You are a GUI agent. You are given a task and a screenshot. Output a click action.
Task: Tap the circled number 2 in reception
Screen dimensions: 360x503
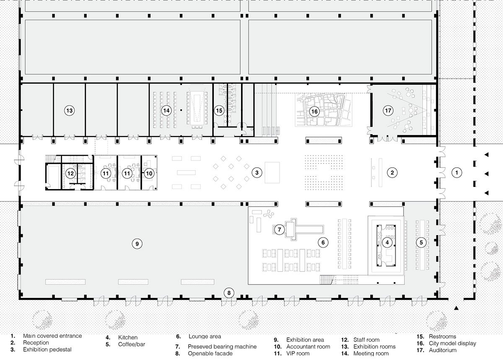pos(392,172)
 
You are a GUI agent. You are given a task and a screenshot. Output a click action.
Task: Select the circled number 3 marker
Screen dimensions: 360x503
pos(257,172)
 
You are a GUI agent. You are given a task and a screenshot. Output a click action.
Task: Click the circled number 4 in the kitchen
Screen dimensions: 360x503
pos(387,242)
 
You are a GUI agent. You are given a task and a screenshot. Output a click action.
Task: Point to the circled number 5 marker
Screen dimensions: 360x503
pos(421,242)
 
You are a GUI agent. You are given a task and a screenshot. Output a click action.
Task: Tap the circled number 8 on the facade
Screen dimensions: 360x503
pos(228,293)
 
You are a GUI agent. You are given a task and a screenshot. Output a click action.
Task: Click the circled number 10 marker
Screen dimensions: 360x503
pos(149,172)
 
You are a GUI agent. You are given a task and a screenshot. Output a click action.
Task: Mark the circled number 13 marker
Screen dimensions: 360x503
pos(69,111)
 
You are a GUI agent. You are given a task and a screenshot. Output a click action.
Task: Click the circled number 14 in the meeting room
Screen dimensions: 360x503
pos(166,111)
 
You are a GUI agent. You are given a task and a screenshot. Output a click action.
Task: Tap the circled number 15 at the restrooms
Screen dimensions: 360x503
pos(219,111)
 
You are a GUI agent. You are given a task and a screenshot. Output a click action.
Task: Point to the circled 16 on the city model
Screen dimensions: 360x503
pos(314,111)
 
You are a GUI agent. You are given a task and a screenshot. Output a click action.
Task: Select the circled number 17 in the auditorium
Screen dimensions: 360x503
pos(388,111)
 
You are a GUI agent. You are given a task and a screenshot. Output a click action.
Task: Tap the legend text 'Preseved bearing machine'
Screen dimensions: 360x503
pos(222,347)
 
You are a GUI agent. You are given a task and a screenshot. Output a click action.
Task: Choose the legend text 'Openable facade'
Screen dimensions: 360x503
pos(210,353)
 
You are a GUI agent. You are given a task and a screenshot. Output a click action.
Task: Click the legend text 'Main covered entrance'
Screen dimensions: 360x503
pos(52,336)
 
